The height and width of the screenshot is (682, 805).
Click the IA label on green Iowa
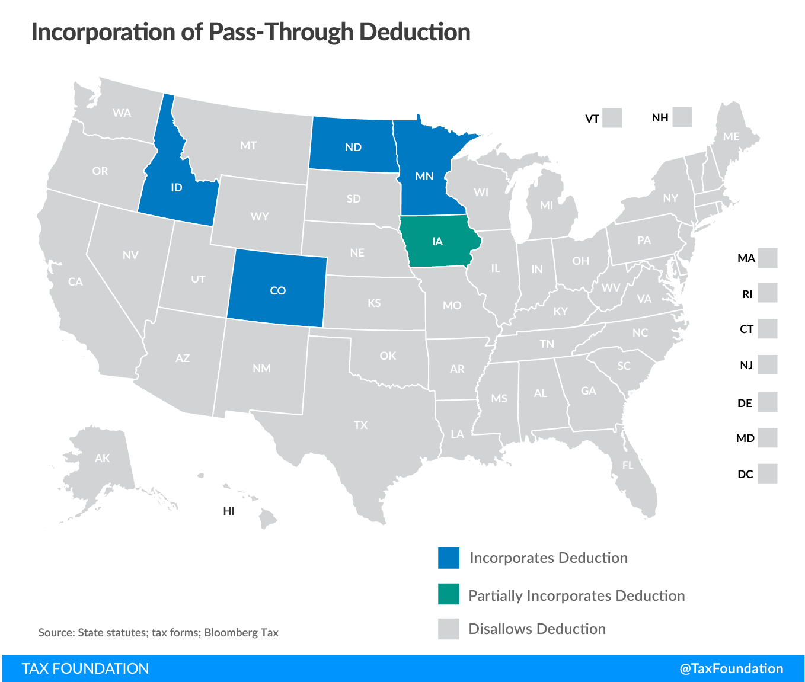pyautogui.click(x=437, y=241)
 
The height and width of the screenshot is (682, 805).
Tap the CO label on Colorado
pyautogui.click(x=277, y=290)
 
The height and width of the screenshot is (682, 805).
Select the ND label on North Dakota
pyautogui.click(x=353, y=147)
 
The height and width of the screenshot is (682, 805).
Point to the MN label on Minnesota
pyautogui.click(x=424, y=176)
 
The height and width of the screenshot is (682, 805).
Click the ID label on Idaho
pyautogui.click(x=176, y=188)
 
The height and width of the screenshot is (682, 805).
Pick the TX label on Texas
pyautogui.click(x=360, y=425)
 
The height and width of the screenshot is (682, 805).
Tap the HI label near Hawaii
pyautogui.click(x=229, y=511)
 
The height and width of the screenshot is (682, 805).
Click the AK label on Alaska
pyautogui.click(x=102, y=458)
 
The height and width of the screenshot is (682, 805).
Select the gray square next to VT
pyautogui.click(x=612, y=118)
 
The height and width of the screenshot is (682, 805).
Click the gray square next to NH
pyautogui.click(x=682, y=117)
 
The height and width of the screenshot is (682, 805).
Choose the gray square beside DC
pyautogui.click(x=768, y=473)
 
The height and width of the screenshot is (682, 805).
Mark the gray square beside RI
pyautogui.click(x=768, y=293)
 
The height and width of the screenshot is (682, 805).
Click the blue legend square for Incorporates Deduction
pyautogui.click(x=449, y=558)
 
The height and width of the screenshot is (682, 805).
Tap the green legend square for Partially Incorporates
pyautogui.click(x=449, y=594)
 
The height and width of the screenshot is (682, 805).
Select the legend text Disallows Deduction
pyautogui.click(x=537, y=629)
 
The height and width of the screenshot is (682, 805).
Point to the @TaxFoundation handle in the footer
pyautogui.click(x=731, y=668)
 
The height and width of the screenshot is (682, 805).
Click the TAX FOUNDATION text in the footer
pyautogui.click(x=85, y=668)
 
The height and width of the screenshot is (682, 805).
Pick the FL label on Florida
pyautogui.click(x=628, y=465)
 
